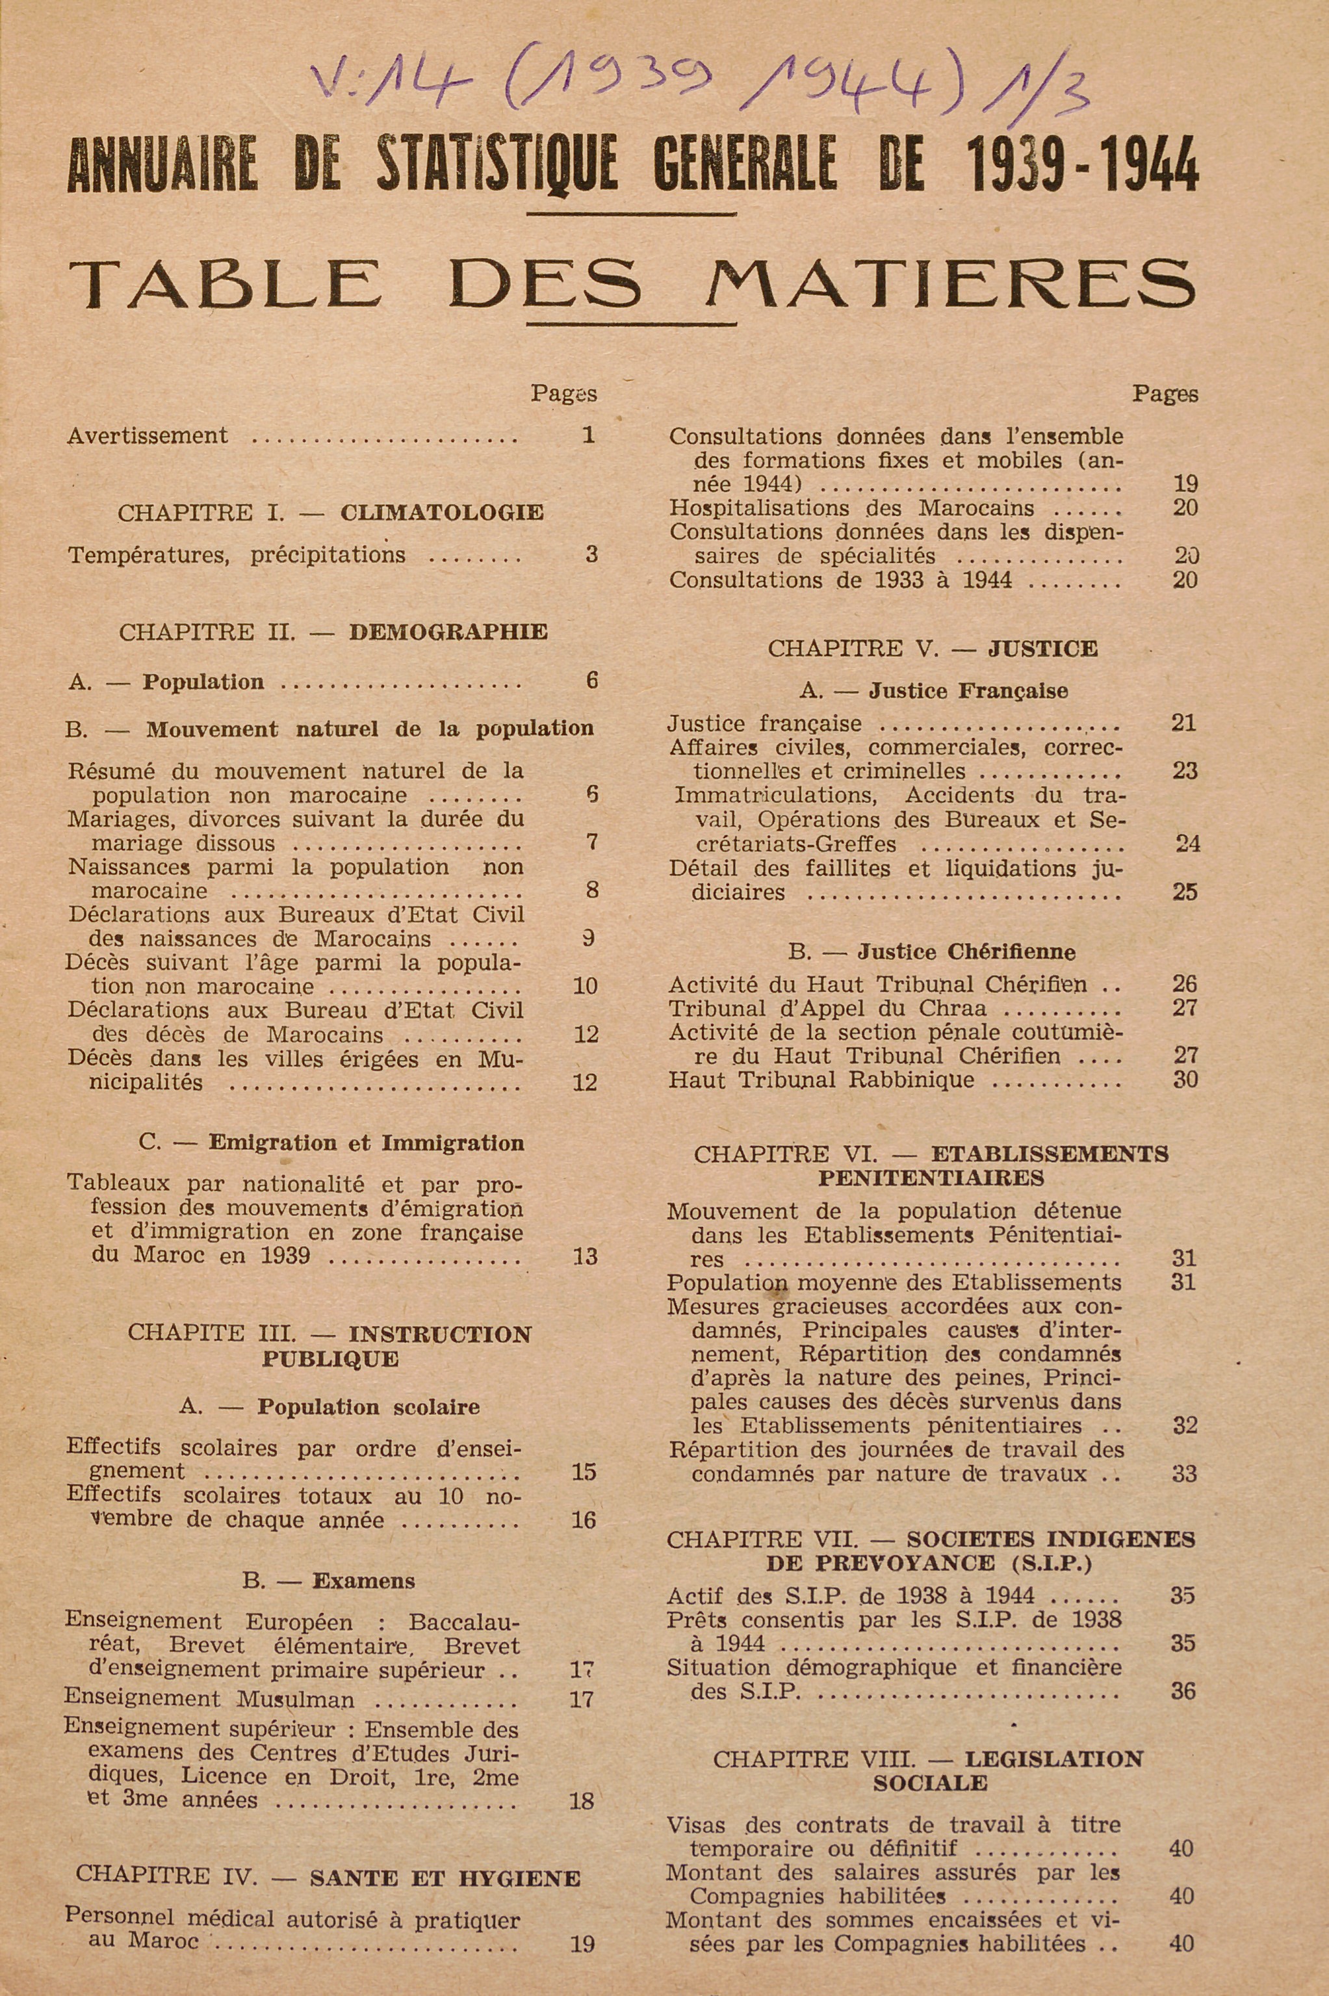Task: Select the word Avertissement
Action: [x=148, y=435]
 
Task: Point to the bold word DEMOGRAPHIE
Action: [x=448, y=632]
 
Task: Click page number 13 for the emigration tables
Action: [x=584, y=1256]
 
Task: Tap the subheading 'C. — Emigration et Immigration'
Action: [x=331, y=1143]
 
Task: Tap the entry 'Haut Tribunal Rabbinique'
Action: [x=820, y=1080]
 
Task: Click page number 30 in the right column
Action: [x=1184, y=1080]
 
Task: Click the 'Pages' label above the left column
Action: [x=563, y=394]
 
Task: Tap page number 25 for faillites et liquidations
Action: [x=1184, y=892]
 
